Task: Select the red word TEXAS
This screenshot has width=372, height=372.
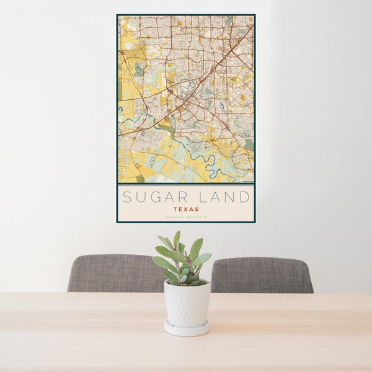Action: tap(186, 210)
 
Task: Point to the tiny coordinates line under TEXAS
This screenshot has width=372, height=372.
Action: tap(186, 217)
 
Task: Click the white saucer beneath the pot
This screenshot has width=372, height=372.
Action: tap(187, 329)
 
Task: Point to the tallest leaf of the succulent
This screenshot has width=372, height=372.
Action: tap(177, 239)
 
